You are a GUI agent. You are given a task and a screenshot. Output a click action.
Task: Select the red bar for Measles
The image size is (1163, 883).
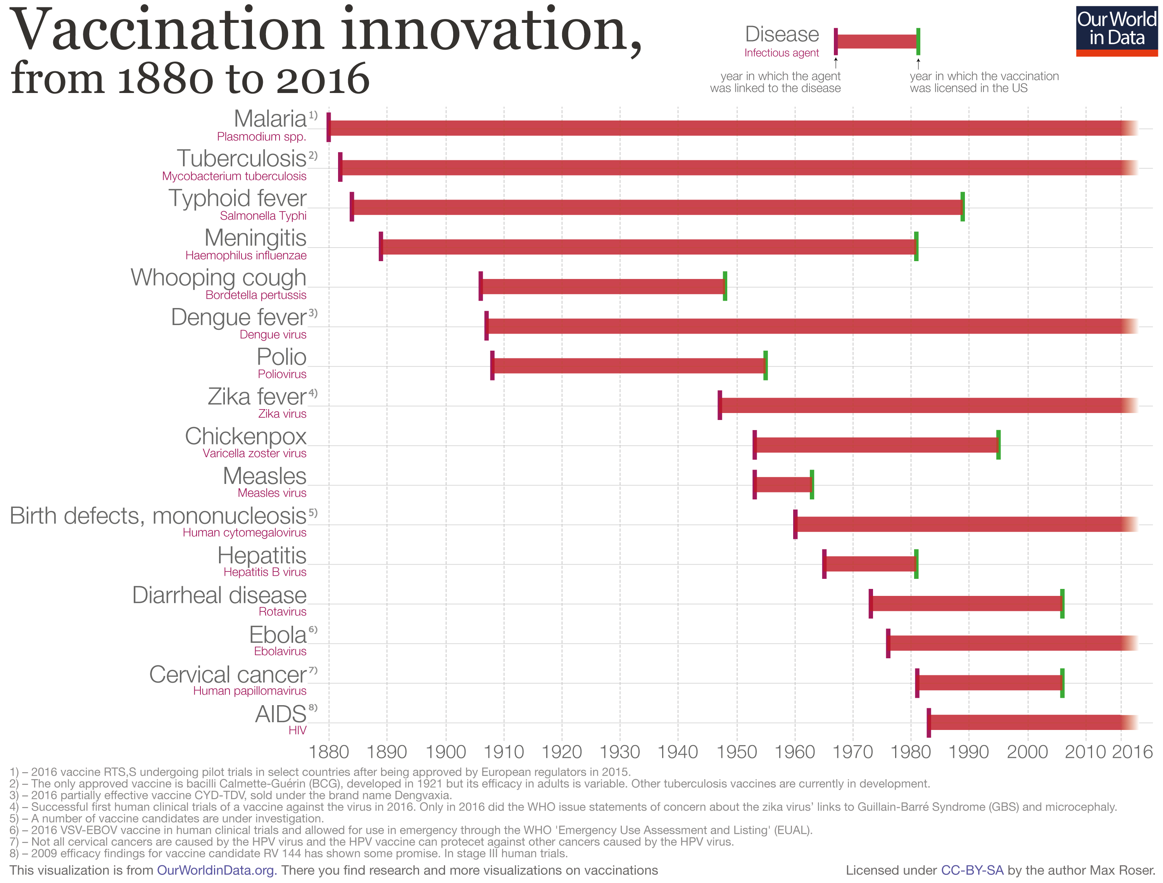[783, 485]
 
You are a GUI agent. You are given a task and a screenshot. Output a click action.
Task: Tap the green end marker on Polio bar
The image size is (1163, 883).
[766, 365]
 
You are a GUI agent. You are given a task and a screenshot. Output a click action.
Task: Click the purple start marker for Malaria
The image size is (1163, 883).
[329, 127]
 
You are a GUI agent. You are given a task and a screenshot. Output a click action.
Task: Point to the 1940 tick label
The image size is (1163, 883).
[678, 752]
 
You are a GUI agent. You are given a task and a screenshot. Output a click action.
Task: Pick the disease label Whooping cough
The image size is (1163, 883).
[218, 277]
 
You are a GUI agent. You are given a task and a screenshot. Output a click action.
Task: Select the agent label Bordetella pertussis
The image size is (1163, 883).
[255, 295]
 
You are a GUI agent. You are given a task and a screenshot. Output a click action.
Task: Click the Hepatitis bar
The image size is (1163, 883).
[870, 564]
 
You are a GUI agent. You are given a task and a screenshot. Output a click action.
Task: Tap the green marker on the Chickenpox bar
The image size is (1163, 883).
[998, 445]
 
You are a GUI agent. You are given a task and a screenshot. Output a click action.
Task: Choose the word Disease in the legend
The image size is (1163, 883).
[782, 35]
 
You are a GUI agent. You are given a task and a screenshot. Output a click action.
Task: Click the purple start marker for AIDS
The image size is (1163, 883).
[928, 723]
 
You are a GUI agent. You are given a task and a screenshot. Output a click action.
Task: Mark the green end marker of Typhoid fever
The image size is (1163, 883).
[963, 207]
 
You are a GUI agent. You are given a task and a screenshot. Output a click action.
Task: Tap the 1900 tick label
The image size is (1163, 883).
[446, 752]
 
